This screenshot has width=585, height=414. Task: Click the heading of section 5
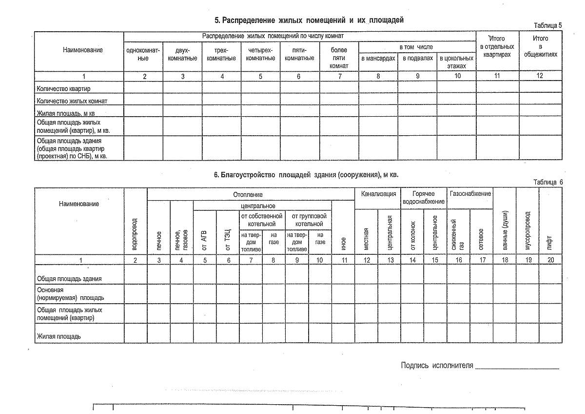coord(309,20)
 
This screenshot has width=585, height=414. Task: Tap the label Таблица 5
coord(548,25)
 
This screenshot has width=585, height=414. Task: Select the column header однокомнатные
coord(143,54)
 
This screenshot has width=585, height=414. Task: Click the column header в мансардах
coord(378,58)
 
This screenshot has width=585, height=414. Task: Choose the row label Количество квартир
coord(63,89)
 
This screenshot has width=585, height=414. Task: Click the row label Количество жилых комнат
coord(72,101)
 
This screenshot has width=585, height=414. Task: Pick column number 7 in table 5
coord(339,76)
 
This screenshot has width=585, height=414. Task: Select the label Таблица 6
coord(548,182)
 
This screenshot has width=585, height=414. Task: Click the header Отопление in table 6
coord(251,194)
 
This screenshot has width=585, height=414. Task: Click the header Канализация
coord(378,194)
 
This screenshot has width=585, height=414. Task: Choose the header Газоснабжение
coord(470,194)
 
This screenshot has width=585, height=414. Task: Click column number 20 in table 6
coord(550,260)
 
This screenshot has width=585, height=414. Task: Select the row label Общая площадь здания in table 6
coord(69,278)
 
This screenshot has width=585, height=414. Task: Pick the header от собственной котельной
coord(262,220)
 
